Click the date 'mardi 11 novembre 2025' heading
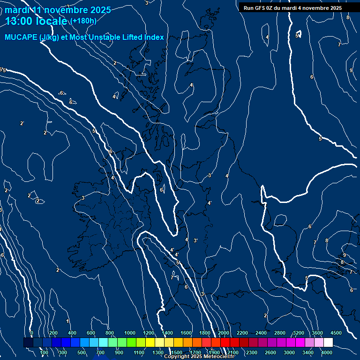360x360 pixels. (58, 9)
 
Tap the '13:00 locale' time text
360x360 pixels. (36, 21)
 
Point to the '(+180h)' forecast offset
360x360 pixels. (83, 21)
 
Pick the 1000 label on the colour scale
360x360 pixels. (130, 333)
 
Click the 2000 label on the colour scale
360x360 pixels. (224, 333)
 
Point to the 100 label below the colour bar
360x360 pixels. (44, 352)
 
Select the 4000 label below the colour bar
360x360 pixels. (327, 352)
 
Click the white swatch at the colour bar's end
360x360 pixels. (328, 343)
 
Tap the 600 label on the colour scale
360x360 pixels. (91, 333)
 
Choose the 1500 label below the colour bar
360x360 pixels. (177, 352)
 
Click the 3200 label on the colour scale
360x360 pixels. (299, 333)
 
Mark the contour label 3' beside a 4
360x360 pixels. (195, 240)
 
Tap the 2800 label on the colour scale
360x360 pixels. (280, 333)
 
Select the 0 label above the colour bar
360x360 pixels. (31, 333)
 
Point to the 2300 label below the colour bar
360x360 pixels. (252, 352)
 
